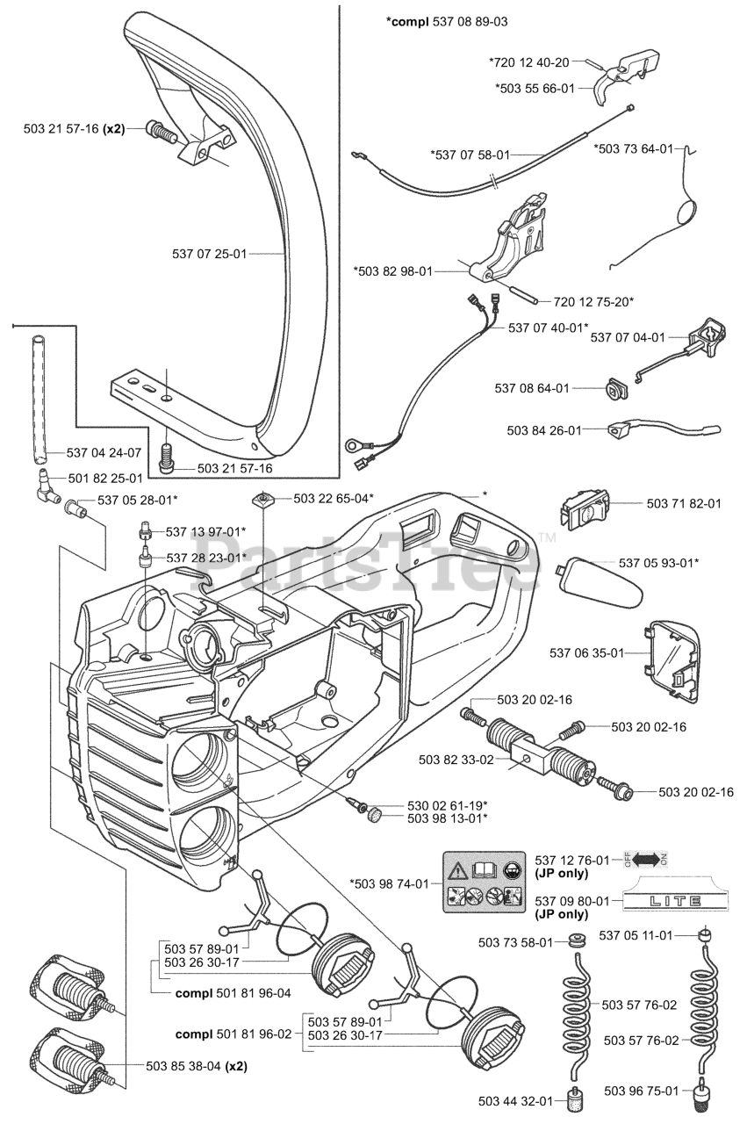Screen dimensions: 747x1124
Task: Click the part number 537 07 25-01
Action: coord(210,254)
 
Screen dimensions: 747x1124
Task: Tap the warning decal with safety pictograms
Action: coord(485,882)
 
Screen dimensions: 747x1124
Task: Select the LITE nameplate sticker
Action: coord(675,901)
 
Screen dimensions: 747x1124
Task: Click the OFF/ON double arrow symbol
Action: coord(646,859)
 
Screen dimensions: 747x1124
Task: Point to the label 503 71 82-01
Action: coord(683,503)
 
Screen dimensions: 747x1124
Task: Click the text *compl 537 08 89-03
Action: coord(447,22)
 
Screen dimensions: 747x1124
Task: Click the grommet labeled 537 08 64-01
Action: coord(615,389)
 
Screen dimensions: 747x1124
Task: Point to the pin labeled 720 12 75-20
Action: coord(523,294)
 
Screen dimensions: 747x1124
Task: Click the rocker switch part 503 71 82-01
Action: coord(585,510)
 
